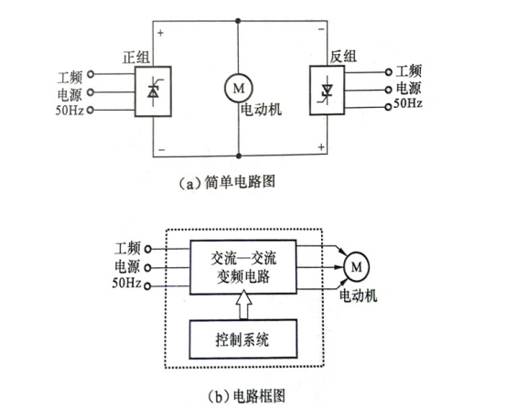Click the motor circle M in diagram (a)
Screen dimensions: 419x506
[238, 88]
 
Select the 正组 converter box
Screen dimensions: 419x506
[153, 90]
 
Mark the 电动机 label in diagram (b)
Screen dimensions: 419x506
[358, 295]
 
